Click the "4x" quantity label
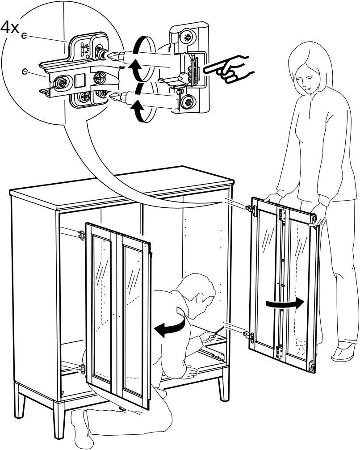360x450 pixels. [10, 28]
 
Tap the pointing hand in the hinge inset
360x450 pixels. [230, 69]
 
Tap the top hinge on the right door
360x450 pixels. [251, 208]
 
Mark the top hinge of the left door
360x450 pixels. [81, 235]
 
